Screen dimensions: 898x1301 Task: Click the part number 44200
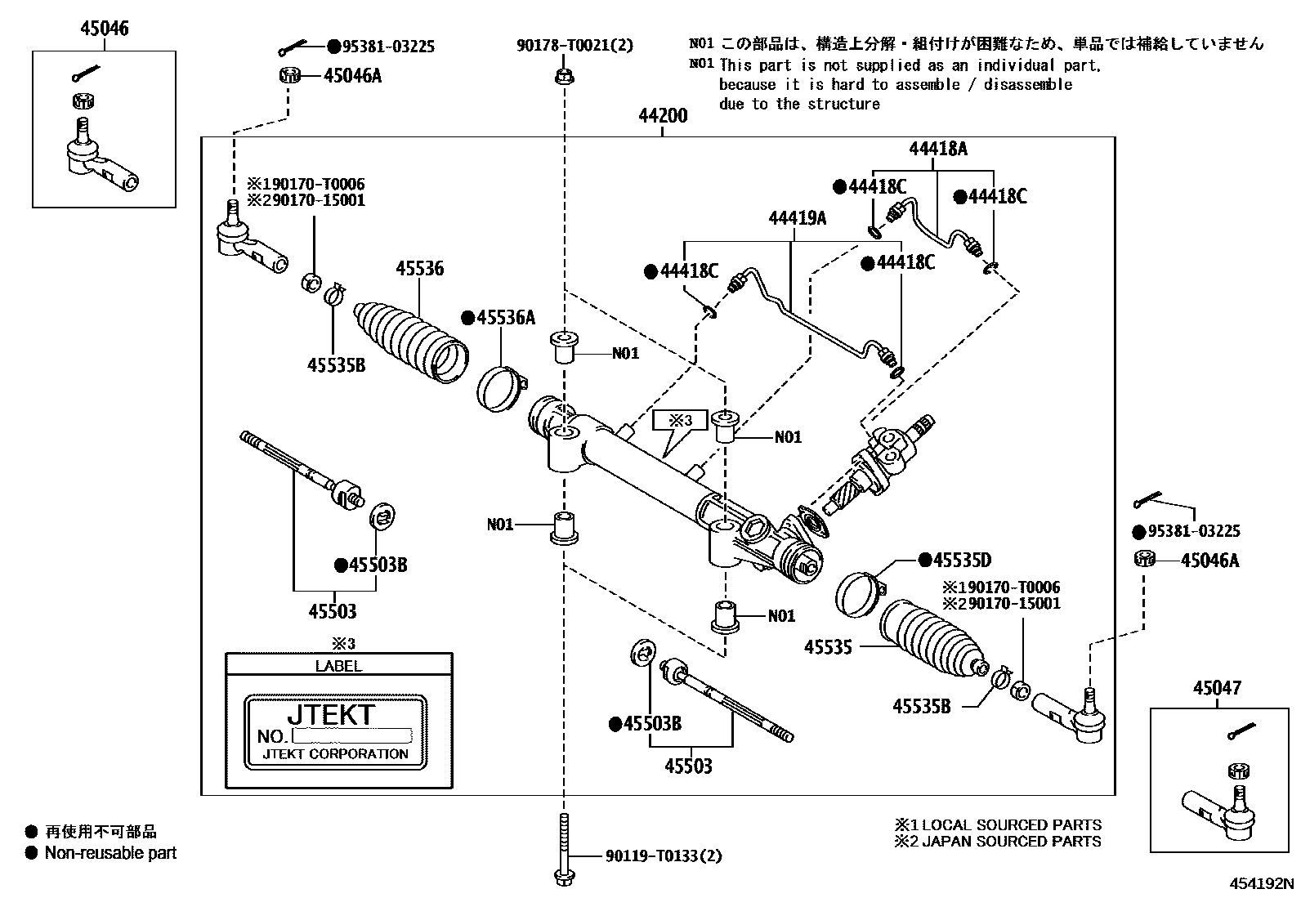coord(663,116)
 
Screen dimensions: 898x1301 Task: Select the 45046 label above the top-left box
coord(104,29)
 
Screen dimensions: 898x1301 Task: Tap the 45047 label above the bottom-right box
coord(1216,688)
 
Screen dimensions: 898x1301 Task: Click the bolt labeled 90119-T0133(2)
coord(563,850)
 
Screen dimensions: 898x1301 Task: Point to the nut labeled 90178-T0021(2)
coord(563,78)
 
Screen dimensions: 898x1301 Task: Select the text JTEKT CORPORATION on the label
coord(335,754)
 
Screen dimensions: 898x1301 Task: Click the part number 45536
coord(420,269)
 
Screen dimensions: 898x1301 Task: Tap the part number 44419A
coord(797,217)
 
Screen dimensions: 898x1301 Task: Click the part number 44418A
coord(938,149)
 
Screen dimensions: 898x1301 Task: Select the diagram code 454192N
coord(1263,883)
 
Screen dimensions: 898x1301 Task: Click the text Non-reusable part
coord(110,853)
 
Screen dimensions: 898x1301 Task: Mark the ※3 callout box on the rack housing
coord(680,421)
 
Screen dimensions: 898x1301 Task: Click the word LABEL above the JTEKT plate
coord(338,666)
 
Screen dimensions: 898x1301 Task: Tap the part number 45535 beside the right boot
coord(828,646)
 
